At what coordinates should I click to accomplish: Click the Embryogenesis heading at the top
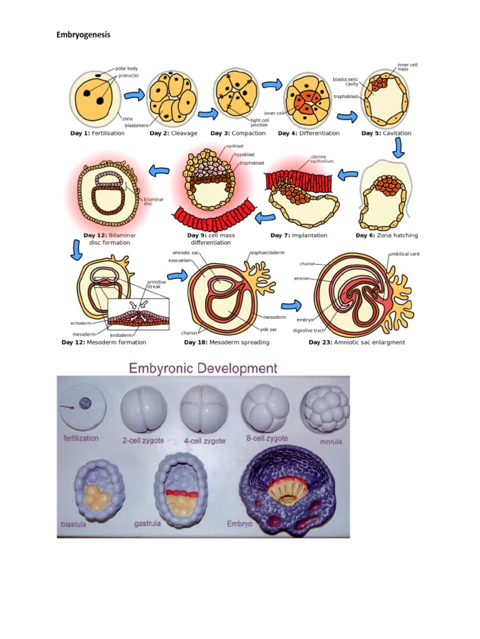[x=83, y=35]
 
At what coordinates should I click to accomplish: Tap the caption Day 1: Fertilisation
[x=98, y=133]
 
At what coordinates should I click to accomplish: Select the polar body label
[x=128, y=68]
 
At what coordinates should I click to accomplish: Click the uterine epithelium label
[x=322, y=159]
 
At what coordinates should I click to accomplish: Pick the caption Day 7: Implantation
[x=299, y=235]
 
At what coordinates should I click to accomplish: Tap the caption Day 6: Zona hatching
[x=387, y=235]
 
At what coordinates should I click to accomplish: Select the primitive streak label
[x=156, y=284]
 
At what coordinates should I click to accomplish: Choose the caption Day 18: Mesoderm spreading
[x=227, y=342]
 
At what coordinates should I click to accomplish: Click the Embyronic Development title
[x=203, y=368]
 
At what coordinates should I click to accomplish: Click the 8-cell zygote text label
[x=267, y=439]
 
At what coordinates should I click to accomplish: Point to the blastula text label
[x=74, y=524]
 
